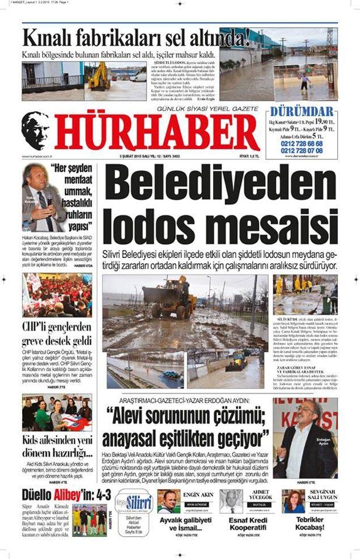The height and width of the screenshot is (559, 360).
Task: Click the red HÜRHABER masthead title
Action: click(157, 132)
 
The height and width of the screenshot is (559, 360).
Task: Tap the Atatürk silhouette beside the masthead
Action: click(36, 130)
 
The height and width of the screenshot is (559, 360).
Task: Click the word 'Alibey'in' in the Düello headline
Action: click(73, 494)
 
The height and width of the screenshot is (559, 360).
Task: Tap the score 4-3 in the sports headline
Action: click(103, 494)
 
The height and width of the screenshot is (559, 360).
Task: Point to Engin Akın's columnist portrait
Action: click(168, 501)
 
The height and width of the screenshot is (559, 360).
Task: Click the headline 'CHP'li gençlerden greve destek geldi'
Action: click(56, 334)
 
